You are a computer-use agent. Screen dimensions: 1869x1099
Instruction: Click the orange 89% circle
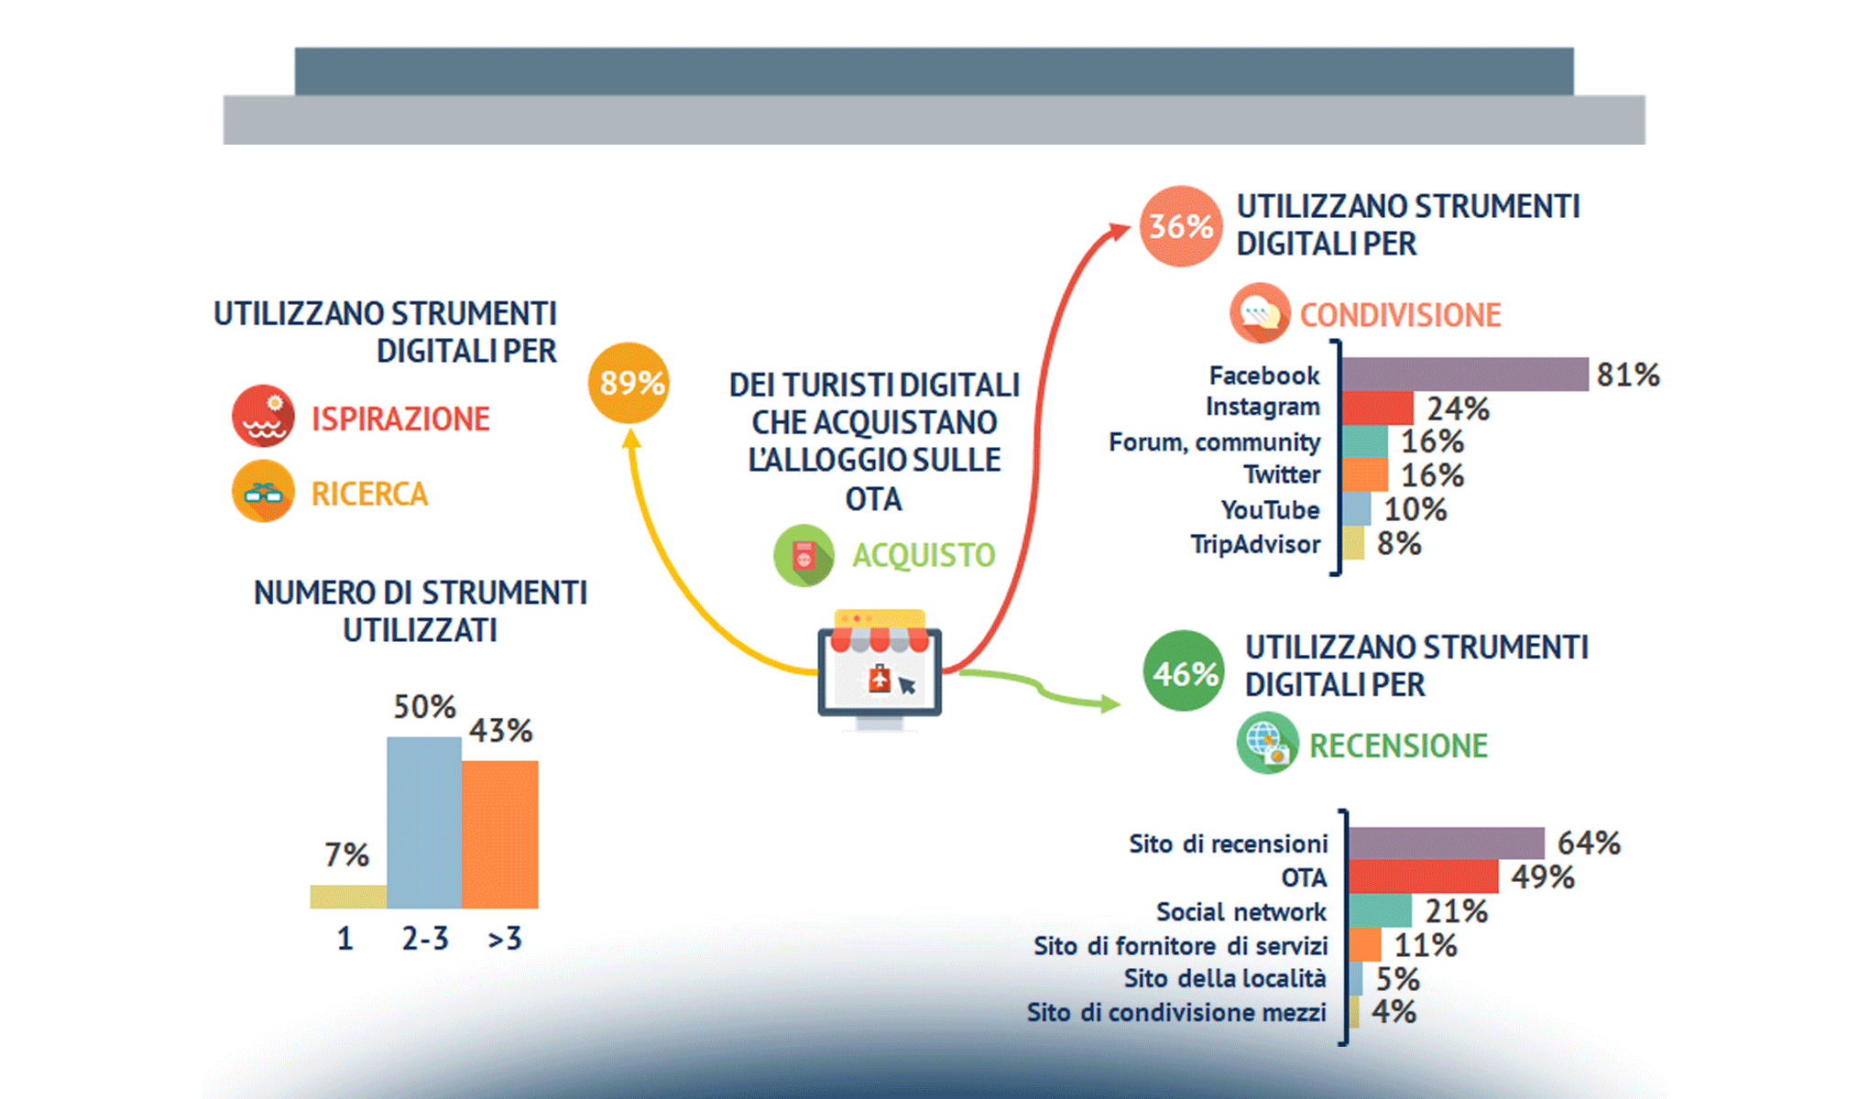[x=628, y=383]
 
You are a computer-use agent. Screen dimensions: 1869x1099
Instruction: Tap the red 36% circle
[x=1181, y=226]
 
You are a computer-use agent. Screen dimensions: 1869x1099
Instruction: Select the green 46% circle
[x=1185, y=671]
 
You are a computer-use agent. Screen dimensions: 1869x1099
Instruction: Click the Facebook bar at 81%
[x=1465, y=375]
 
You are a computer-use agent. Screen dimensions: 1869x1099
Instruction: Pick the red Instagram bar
[x=1378, y=408]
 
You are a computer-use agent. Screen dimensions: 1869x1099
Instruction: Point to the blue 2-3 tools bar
[x=424, y=822]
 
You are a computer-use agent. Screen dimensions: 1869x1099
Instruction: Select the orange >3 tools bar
[x=500, y=834]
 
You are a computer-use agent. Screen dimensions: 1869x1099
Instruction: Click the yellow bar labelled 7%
[x=348, y=897]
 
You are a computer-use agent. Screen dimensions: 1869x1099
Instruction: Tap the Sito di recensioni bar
[x=1447, y=843]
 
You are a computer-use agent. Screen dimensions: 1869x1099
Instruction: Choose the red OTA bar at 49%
[x=1424, y=876]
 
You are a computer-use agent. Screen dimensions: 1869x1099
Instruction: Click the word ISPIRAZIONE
[x=400, y=419]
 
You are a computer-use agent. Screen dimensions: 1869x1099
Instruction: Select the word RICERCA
[x=369, y=495]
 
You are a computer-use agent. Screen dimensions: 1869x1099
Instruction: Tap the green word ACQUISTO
[x=924, y=555]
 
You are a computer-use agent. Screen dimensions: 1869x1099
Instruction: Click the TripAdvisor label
[x=1255, y=545]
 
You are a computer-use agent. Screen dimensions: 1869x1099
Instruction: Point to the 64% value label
[x=1589, y=843]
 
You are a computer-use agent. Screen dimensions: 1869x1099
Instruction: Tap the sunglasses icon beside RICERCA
[x=263, y=491]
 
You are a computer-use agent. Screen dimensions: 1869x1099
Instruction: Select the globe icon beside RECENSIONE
[x=1267, y=743]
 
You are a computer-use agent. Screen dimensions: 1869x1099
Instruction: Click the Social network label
[x=1241, y=912]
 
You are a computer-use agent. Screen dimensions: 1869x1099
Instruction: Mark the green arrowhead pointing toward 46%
[x=1110, y=703]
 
